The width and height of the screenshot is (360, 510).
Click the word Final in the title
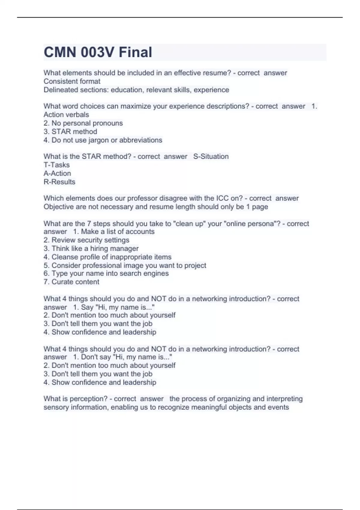pos(135,52)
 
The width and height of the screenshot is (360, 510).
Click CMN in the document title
pos(60,52)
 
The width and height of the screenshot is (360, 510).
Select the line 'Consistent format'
pos(72,81)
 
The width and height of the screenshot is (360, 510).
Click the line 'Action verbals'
pos(66,115)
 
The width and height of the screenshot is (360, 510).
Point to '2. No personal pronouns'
pos(83,123)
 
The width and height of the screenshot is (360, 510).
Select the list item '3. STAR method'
pos(70,131)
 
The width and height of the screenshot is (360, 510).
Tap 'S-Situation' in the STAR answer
pos(211,156)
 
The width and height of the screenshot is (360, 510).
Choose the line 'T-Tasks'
pos(56,165)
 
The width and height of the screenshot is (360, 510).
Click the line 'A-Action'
pos(57,173)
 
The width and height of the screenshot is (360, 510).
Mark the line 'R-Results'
pos(59,182)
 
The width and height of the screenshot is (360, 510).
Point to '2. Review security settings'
pos(86,240)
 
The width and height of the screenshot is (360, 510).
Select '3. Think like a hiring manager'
pos(91,248)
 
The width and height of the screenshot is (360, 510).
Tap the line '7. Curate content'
pos(71,282)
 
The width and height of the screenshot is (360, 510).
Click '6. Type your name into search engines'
pos(106,273)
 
